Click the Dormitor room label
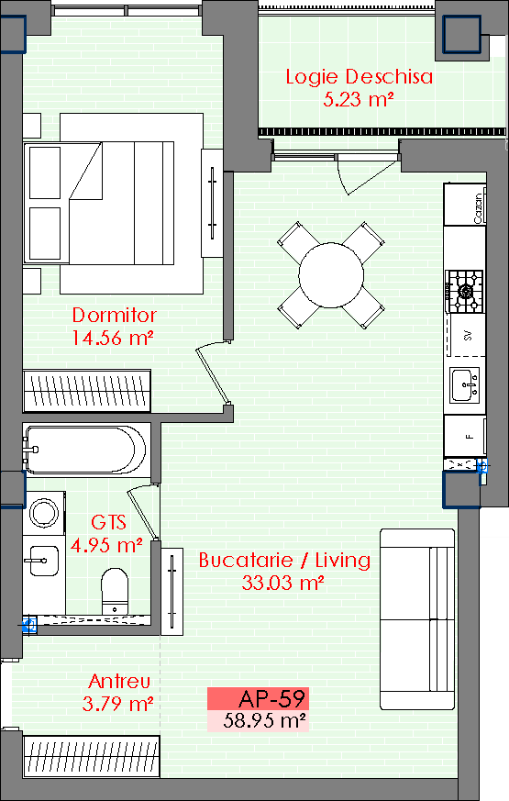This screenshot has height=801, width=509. (x=114, y=315)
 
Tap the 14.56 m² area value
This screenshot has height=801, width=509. (x=113, y=338)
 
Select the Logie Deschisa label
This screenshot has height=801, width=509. (x=359, y=77)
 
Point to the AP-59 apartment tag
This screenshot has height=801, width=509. (x=272, y=698)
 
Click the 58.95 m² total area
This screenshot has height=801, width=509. (x=264, y=721)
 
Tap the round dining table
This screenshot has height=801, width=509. (x=331, y=275)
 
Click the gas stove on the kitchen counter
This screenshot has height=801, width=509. (x=464, y=291)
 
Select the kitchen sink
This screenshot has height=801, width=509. (x=465, y=384)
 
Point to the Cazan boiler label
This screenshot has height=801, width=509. (x=479, y=207)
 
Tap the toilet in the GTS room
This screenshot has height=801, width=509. (x=115, y=591)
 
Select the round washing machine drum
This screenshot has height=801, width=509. (x=44, y=512)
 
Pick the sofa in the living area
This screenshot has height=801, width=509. (x=417, y=619)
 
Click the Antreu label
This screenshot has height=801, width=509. (x=119, y=681)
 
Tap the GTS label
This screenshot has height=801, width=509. (x=108, y=522)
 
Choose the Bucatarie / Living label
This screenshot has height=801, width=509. (x=284, y=560)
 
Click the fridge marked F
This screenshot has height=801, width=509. (x=464, y=436)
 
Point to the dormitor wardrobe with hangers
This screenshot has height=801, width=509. (x=87, y=391)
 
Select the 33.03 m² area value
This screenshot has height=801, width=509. (x=282, y=583)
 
